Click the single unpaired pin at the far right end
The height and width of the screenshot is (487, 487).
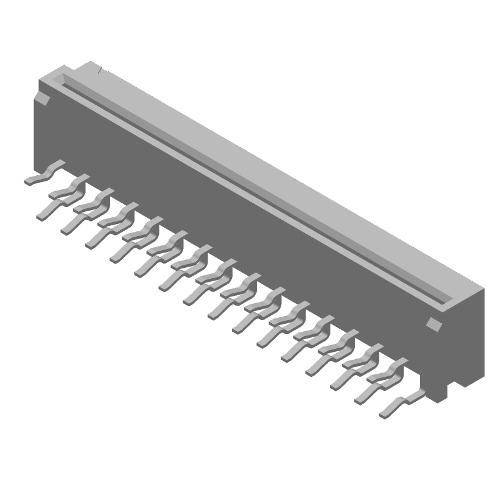tap(402, 405)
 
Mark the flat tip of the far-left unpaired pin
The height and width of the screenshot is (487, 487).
tap(29, 181)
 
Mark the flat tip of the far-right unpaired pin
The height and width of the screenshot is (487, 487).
tap(385, 415)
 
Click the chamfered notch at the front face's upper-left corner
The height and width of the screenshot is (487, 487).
tap(43, 98)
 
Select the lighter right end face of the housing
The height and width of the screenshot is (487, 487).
tap(466, 341)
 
